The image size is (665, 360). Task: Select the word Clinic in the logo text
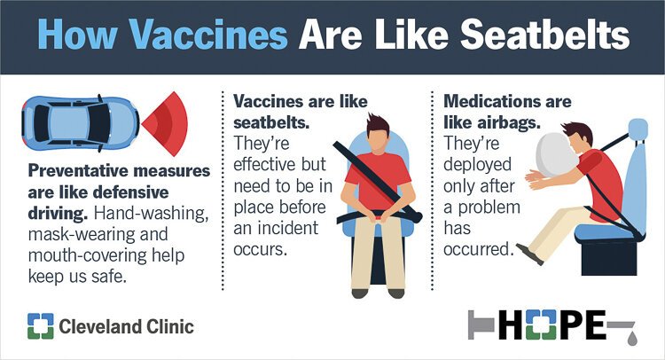(x=162, y=327)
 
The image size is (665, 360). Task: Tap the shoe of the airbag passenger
(x=530, y=254)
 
